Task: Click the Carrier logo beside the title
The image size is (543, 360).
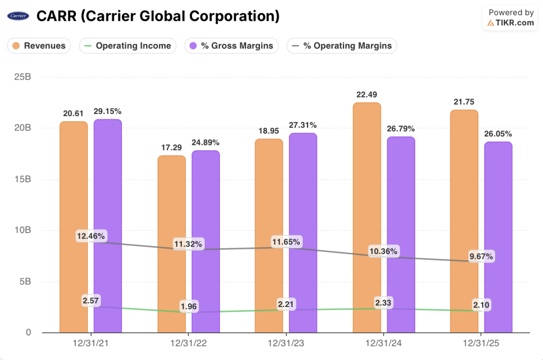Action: tap(19, 16)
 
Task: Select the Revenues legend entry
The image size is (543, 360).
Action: tap(39, 46)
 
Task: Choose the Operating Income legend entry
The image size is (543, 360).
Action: tap(128, 46)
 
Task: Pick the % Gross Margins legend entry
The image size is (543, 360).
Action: tap(231, 46)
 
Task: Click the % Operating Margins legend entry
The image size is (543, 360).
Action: tap(341, 46)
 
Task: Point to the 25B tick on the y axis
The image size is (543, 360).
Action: tap(22, 77)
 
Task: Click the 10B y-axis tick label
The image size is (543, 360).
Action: tap(22, 230)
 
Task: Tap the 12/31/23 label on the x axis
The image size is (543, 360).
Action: tap(286, 344)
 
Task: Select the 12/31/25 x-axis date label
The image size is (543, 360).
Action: tap(481, 344)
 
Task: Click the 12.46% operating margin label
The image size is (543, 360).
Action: tap(91, 236)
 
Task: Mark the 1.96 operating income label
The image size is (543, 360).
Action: tap(189, 308)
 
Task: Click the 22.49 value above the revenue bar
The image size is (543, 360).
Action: tap(367, 94)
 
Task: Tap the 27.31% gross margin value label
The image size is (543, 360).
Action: tap(303, 125)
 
